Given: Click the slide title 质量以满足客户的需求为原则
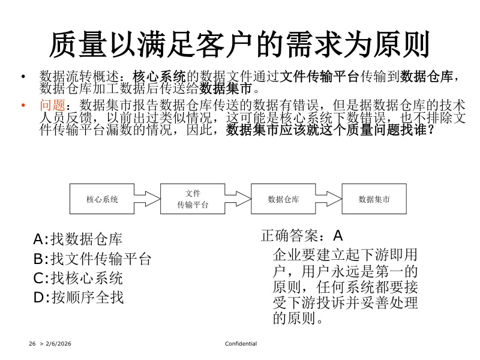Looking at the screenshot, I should pyautogui.click(x=239, y=43).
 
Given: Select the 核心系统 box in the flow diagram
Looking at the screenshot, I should pyautogui.click(x=102, y=199).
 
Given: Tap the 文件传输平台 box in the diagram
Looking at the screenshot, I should pyautogui.click(x=193, y=199).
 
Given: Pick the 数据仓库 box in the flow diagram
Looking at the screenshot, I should pyautogui.click(x=283, y=199).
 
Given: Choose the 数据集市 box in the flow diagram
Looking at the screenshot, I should pyautogui.click(x=374, y=199).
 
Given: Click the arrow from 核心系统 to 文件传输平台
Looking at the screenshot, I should pyautogui.click(x=148, y=199).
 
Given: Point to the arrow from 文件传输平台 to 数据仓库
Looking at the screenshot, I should pyautogui.click(x=238, y=199).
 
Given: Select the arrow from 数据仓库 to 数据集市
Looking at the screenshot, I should pyautogui.click(x=329, y=199).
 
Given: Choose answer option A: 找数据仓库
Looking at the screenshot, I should pyautogui.click(x=78, y=239).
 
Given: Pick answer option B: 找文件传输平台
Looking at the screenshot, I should pyautogui.click(x=92, y=259).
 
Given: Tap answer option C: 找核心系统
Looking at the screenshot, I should pyautogui.click(x=78, y=278).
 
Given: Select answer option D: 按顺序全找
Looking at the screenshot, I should pyautogui.click(x=79, y=296).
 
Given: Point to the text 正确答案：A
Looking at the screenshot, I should pyautogui.click(x=301, y=235).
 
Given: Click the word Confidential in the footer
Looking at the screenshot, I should pyautogui.click(x=241, y=344).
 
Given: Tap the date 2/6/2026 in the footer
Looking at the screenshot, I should pyautogui.click(x=58, y=344).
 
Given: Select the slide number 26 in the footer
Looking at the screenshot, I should pyautogui.click(x=32, y=344).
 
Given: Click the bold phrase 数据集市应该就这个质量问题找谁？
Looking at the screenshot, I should pyautogui.click(x=330, y=130).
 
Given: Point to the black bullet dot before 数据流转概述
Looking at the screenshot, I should pyautogui.click(x=23, y=76).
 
